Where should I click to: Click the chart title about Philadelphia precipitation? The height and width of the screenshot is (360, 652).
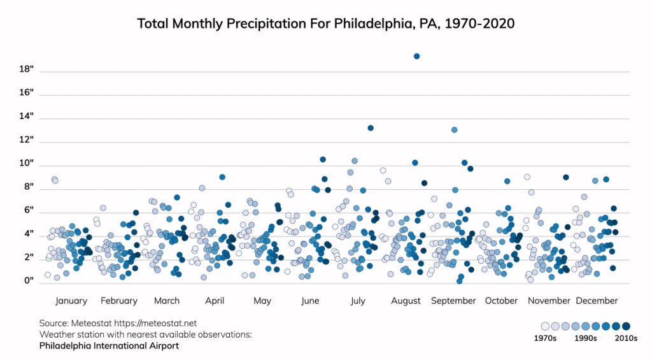pos(326,24)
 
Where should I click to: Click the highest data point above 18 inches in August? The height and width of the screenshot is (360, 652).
pos(416,56)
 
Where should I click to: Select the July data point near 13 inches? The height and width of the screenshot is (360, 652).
pos(371,128)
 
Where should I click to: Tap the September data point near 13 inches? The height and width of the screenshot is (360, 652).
pos(455,130)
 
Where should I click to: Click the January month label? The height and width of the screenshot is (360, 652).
pos(71,301)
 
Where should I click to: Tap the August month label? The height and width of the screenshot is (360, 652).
pos(406,301)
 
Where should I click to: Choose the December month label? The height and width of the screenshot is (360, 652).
pos(597,301)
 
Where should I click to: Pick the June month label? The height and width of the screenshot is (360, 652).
pos(310,301)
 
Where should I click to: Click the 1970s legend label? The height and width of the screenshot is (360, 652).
pos(545,339)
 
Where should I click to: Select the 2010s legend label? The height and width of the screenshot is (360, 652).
pos(625,339)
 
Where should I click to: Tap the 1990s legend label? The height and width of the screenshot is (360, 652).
pos(585,339)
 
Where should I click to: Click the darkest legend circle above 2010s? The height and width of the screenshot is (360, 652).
pos(626,326)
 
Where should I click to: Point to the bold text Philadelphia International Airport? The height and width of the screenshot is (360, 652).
pos(109,346)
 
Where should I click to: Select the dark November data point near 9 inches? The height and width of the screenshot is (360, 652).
pos(566,177)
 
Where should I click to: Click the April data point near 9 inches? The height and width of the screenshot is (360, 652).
pos(222,177)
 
